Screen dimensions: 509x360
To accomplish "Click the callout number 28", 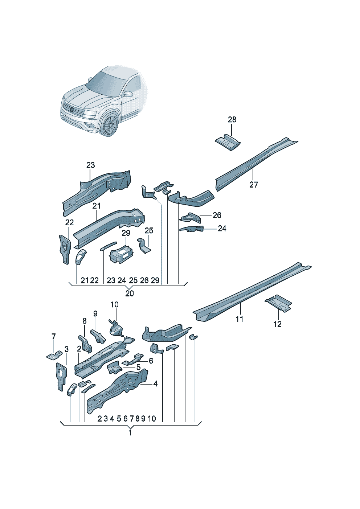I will tap(232, 119).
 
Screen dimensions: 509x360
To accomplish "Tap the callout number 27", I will tap(254, 185).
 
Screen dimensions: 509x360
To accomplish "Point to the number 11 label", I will tap(239, 319).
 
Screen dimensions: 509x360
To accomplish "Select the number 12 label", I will tap(277, 324).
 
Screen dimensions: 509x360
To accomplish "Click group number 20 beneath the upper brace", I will tap(130, 293).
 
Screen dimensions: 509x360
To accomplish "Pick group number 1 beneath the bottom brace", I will tap(130, 433).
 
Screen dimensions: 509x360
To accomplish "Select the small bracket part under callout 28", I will tap(228, 143).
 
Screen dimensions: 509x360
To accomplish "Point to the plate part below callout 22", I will tap(65, 249).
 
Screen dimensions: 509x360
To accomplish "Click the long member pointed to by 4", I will tap(118, 390).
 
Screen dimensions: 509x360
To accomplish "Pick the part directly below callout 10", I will tap(116, 328).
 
